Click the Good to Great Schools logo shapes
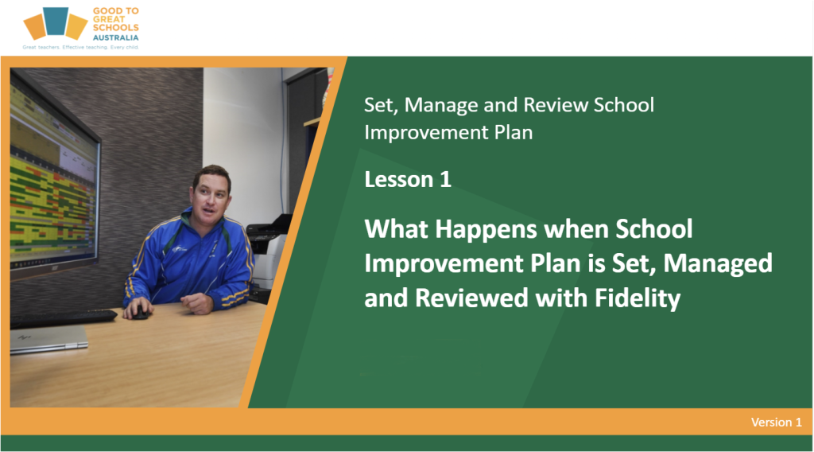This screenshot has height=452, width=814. (55, 23)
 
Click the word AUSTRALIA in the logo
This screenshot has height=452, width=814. (116, 37)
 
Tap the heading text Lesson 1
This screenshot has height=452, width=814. (408, 179)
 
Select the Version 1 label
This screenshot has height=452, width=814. (776, 422)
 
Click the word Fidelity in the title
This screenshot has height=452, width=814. (638, 298)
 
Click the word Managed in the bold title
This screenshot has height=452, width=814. (718, 264)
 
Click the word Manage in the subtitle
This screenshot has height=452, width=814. (441, 106)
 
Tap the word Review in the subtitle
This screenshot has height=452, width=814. (556, 105)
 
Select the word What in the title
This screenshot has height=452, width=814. (397, 229)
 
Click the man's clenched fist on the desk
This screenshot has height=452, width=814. (197, 302)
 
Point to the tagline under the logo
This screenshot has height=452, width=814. (80, 47)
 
